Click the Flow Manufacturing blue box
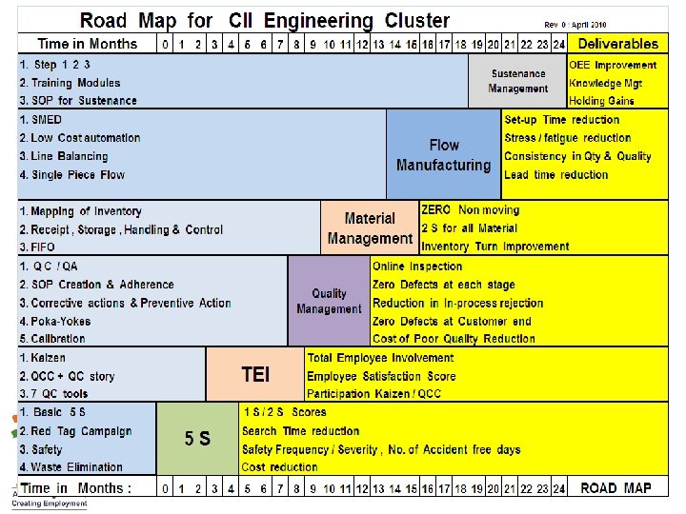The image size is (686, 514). [443, 155]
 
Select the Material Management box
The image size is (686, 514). [370, 228]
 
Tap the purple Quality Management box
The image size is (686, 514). [329, 301]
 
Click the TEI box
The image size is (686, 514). [254, 374]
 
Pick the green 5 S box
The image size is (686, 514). [197, 439]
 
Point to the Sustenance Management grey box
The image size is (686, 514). [517, 81]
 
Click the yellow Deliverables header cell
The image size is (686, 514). [617, 44]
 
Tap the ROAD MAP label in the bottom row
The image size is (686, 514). [615, 488]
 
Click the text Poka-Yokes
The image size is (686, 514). [59, 321]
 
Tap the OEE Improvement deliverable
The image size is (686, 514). [613, 65]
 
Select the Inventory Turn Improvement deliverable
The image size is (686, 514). [494, 247]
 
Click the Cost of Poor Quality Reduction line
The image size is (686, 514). [454, 339]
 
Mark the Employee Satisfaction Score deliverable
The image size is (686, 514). [381, 376]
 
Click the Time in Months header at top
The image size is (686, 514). [87, 44]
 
